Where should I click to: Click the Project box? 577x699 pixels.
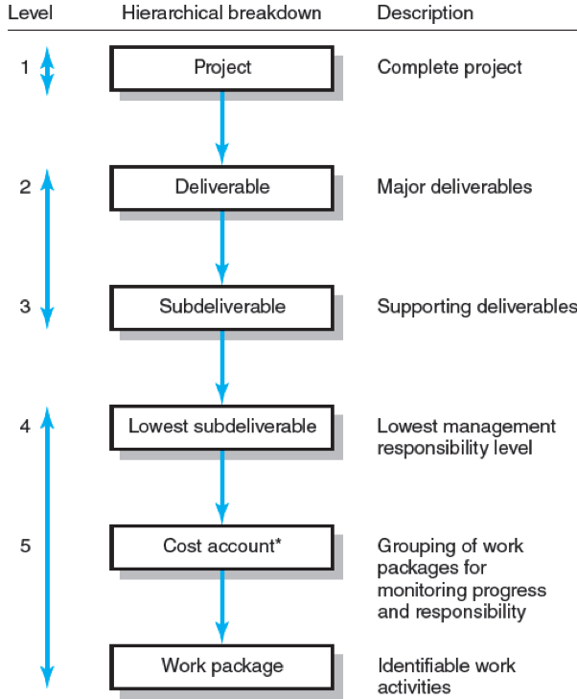coord(221,68)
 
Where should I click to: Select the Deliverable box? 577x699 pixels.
coord(221,187)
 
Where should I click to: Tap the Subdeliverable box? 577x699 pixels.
coord(221,307)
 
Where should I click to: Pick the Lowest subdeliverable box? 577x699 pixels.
coord(221,426)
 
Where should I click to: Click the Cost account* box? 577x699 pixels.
coord(221,546)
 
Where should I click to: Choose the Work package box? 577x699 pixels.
coord(221,664)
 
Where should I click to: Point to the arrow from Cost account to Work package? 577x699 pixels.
coord(222,605)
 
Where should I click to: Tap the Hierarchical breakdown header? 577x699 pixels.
coord(221,14)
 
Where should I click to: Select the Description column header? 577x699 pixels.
coord(425,14)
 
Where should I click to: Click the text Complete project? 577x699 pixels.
coord(450,68)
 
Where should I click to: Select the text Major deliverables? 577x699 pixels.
coord(454,187)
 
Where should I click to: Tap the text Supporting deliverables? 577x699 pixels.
coord(476,307)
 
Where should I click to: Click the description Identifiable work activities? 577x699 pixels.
coord(446,676)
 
